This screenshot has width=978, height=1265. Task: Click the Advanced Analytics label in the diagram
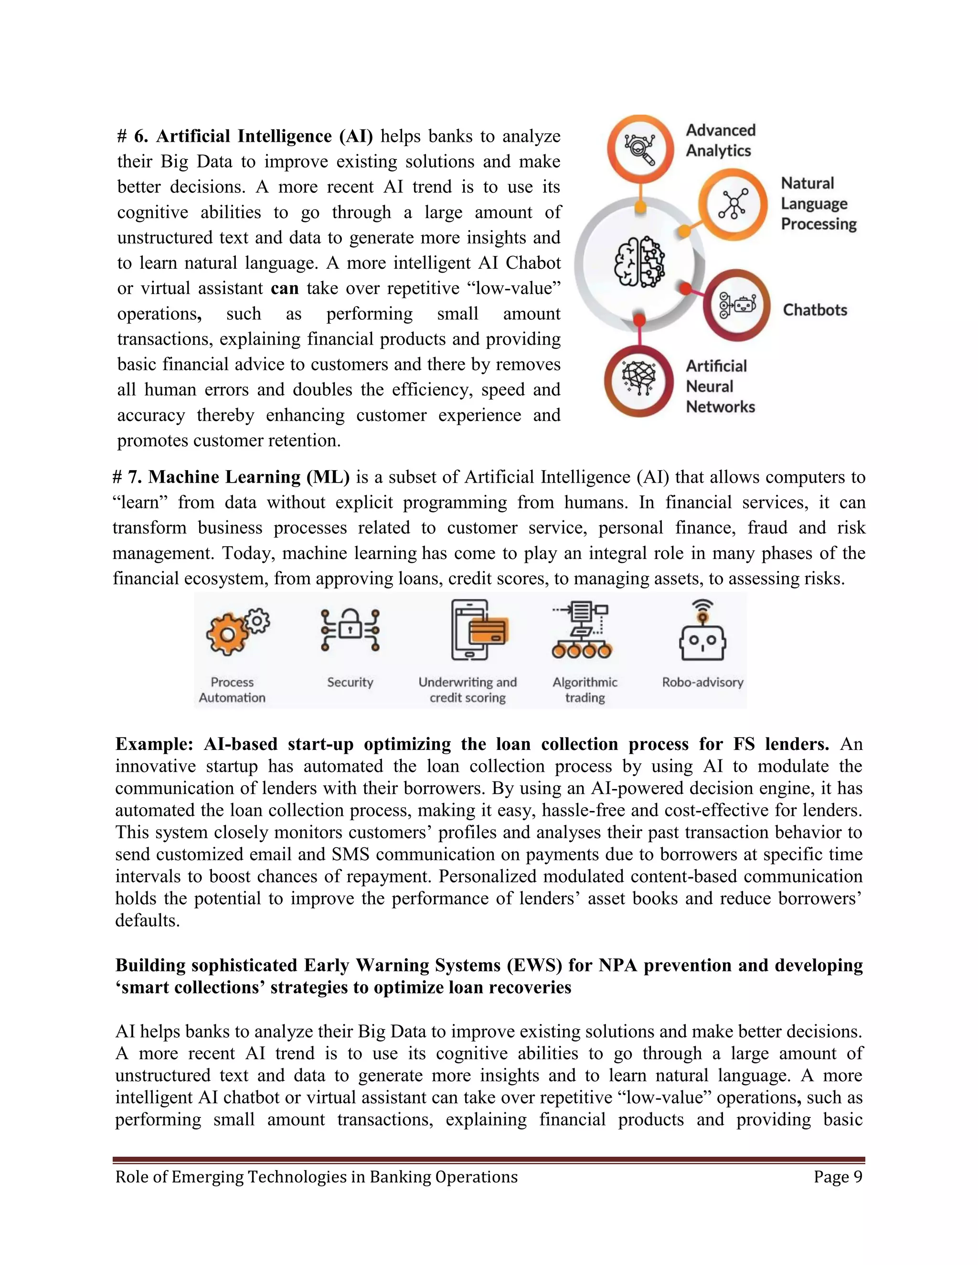click(720, 140)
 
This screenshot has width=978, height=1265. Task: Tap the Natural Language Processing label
click(818, 203)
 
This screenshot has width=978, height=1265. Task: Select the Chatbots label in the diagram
click(815, 310)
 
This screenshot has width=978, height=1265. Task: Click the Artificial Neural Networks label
click(720, 386)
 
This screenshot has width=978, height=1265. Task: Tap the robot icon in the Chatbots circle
click(737, 305)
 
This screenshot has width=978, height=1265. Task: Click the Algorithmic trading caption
click(585, 690)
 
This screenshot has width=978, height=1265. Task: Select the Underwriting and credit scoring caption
click(468, 690)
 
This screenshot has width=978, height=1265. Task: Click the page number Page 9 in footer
click(837, 1177)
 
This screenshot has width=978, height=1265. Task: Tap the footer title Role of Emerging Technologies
click(316, 1177)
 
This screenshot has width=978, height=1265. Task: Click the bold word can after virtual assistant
click(285, 288)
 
